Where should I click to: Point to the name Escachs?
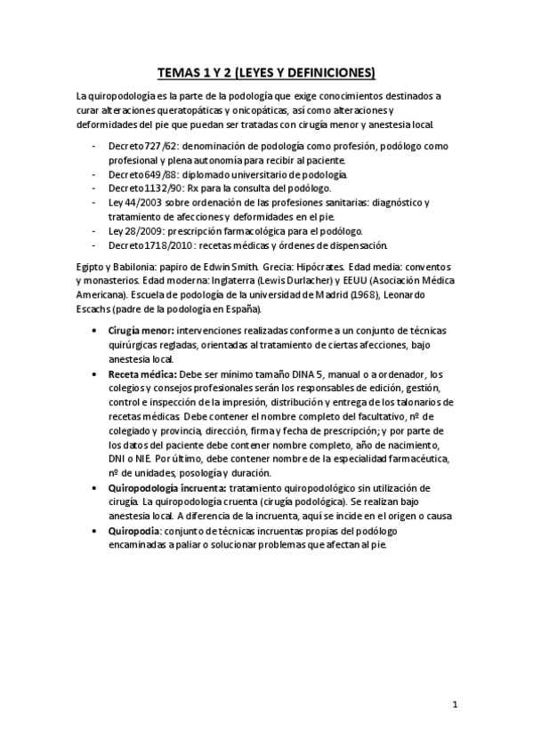click(97, 309)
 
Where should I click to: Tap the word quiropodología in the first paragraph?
click(122, 96)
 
